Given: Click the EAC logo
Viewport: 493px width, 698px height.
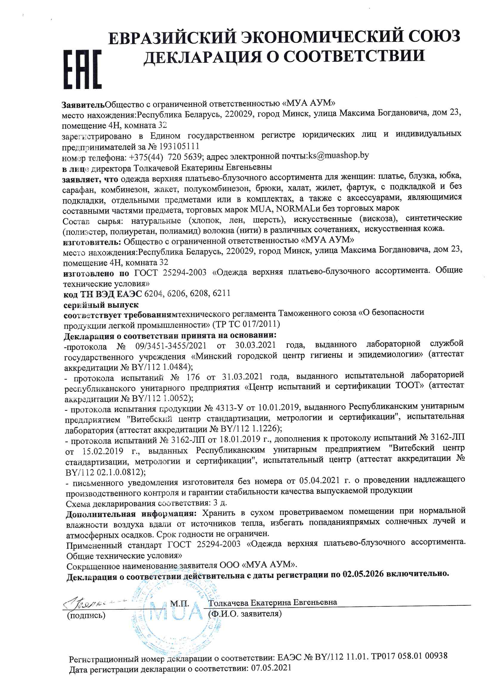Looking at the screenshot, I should click(82, 69).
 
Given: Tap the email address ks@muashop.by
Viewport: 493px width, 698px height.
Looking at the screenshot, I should click(339, 156).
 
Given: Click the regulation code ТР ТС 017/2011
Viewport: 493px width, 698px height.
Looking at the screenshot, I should click(246, 324).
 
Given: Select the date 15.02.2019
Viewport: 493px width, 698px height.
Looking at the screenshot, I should click(103, 451).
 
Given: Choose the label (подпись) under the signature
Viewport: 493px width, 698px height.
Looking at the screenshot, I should click(86, 615).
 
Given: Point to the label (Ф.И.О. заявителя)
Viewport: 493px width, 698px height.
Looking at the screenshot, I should click(245, 614).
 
